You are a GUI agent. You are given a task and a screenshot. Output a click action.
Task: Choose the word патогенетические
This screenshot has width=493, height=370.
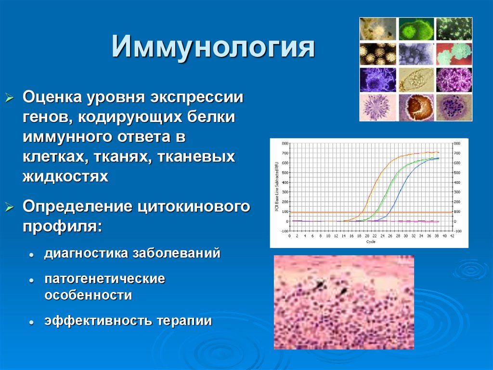[x=105, y=279]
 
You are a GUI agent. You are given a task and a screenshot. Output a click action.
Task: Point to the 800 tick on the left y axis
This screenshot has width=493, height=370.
[x=285, y=143]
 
